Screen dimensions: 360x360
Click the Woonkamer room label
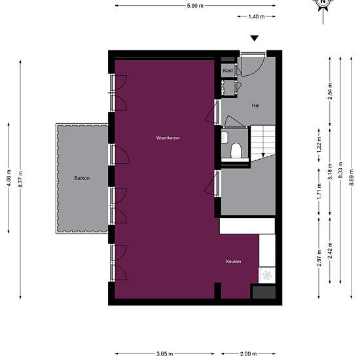168,138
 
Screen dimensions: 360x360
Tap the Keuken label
234,262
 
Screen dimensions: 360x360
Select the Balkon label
82,178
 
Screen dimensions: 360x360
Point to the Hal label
255,105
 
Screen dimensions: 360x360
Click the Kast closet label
228,71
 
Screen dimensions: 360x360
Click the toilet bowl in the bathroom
236,151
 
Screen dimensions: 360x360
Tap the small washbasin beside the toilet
225,137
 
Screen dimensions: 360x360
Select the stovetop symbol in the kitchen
267,276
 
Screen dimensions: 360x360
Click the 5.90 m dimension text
195,6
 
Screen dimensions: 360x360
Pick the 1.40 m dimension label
257,16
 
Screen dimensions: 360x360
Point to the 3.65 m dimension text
165,354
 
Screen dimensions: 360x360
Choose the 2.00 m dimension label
249,354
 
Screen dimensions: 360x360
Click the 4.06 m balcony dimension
9,178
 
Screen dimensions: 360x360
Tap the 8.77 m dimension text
20,179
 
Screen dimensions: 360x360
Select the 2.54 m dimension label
330,91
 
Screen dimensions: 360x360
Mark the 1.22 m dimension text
319,145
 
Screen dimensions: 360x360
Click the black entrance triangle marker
255,39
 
